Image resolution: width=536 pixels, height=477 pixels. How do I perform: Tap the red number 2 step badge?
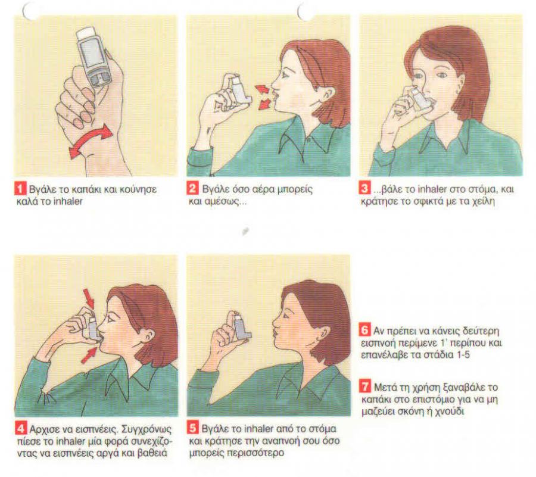point(193,189)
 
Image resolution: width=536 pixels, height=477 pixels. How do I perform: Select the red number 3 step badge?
point(365,189)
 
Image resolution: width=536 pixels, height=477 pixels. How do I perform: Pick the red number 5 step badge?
point(193,428)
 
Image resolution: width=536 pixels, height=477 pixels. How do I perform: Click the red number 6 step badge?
point(365,331)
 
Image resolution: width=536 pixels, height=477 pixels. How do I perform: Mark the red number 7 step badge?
point(366,387)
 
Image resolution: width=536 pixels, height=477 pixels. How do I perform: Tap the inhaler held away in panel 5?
point(241,327)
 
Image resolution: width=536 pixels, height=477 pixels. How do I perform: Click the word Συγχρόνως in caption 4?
point(147,429)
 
